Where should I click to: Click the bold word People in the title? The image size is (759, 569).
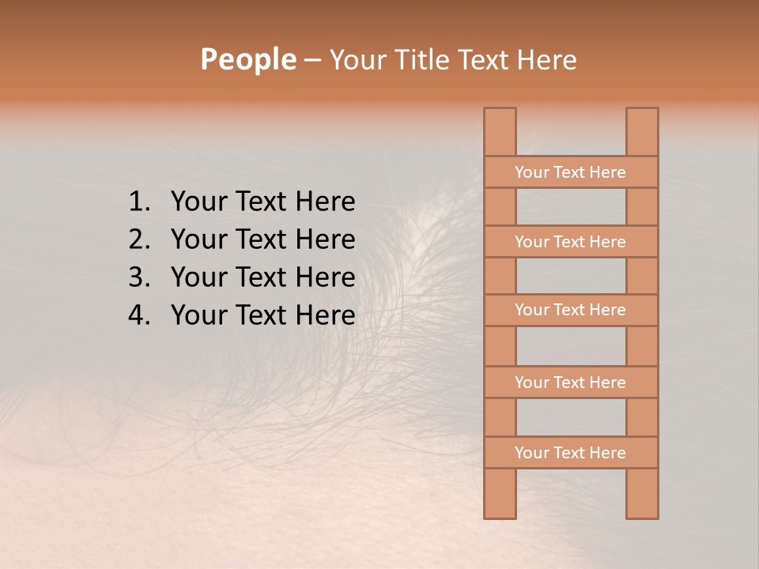click(247, 59)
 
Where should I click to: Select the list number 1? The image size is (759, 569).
click(138, 202)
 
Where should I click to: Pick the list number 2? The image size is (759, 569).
click(138, 239)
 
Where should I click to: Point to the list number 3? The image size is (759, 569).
click(138, 277)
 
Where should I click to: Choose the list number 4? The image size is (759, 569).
click(138, 315)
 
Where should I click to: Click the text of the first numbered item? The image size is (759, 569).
click(262, 202)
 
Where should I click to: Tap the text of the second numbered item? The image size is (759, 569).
click(262, 239)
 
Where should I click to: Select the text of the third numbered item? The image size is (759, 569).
click(262, 277)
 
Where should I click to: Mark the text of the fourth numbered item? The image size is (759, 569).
click(262, 315)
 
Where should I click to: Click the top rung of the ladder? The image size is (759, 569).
click(570, 172)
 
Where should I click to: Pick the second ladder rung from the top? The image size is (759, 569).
click(570, 242)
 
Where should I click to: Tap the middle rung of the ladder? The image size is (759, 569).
click(570, 310)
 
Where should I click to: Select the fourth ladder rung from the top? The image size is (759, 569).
click(570, 382)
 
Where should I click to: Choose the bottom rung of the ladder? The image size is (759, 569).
click(570, 453)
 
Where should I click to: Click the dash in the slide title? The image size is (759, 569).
click(312, 61)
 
